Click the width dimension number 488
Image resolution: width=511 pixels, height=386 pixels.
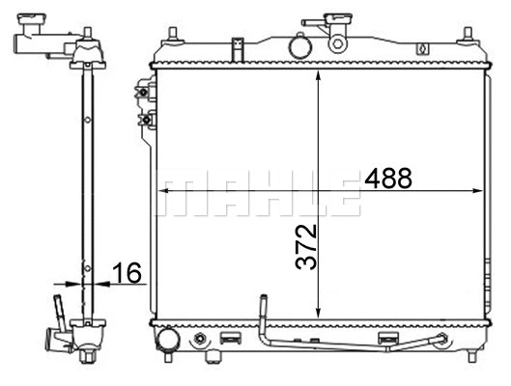388,179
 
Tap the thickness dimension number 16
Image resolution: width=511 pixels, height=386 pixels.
128,273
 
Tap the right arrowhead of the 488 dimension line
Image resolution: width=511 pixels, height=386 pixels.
480,191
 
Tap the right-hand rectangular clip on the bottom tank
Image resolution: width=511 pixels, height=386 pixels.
388,339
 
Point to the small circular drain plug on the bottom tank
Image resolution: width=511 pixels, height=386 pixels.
200,340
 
